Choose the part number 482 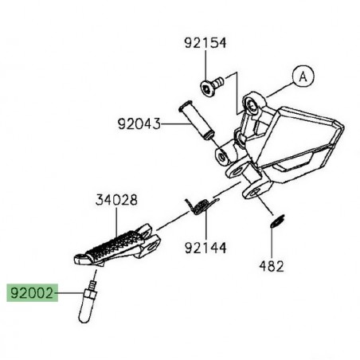pyautogui.click(x=272, y=268)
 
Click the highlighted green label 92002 pyautogui.click(x=31, y=295)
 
